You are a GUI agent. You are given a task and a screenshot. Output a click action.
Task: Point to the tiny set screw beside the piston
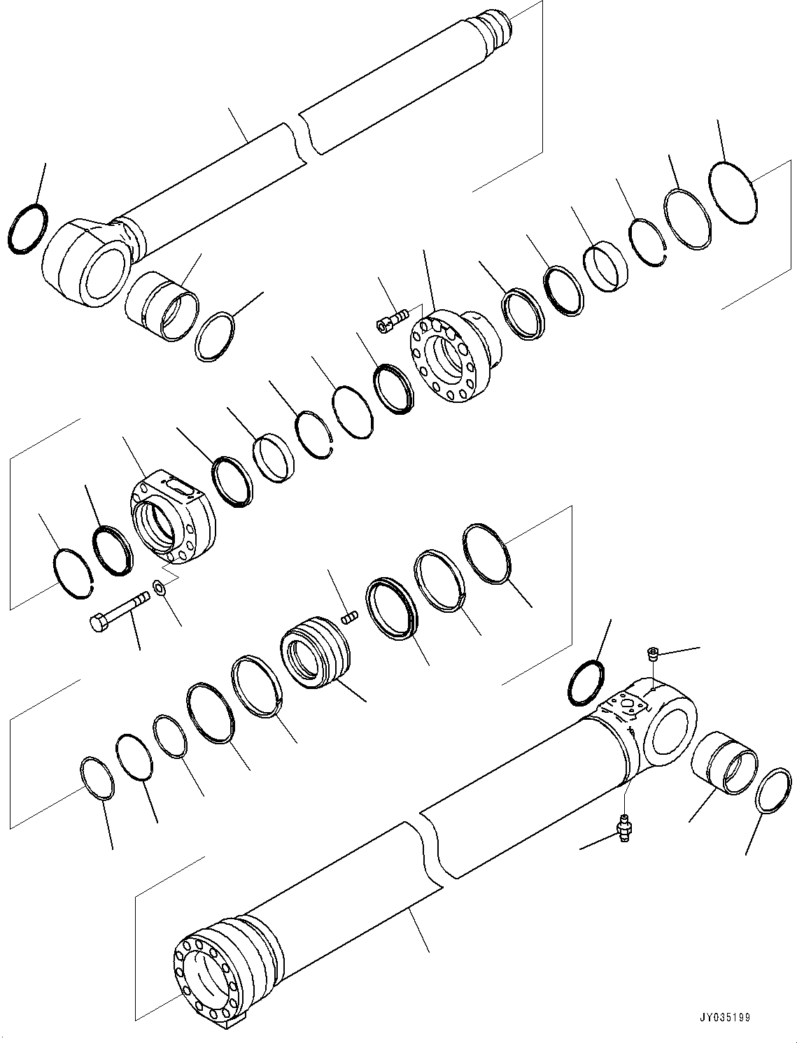pyautogui.click(x=349, y=616)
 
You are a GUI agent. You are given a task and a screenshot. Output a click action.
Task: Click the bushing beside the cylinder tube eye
pyautogui.click(x=724, y=763)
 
